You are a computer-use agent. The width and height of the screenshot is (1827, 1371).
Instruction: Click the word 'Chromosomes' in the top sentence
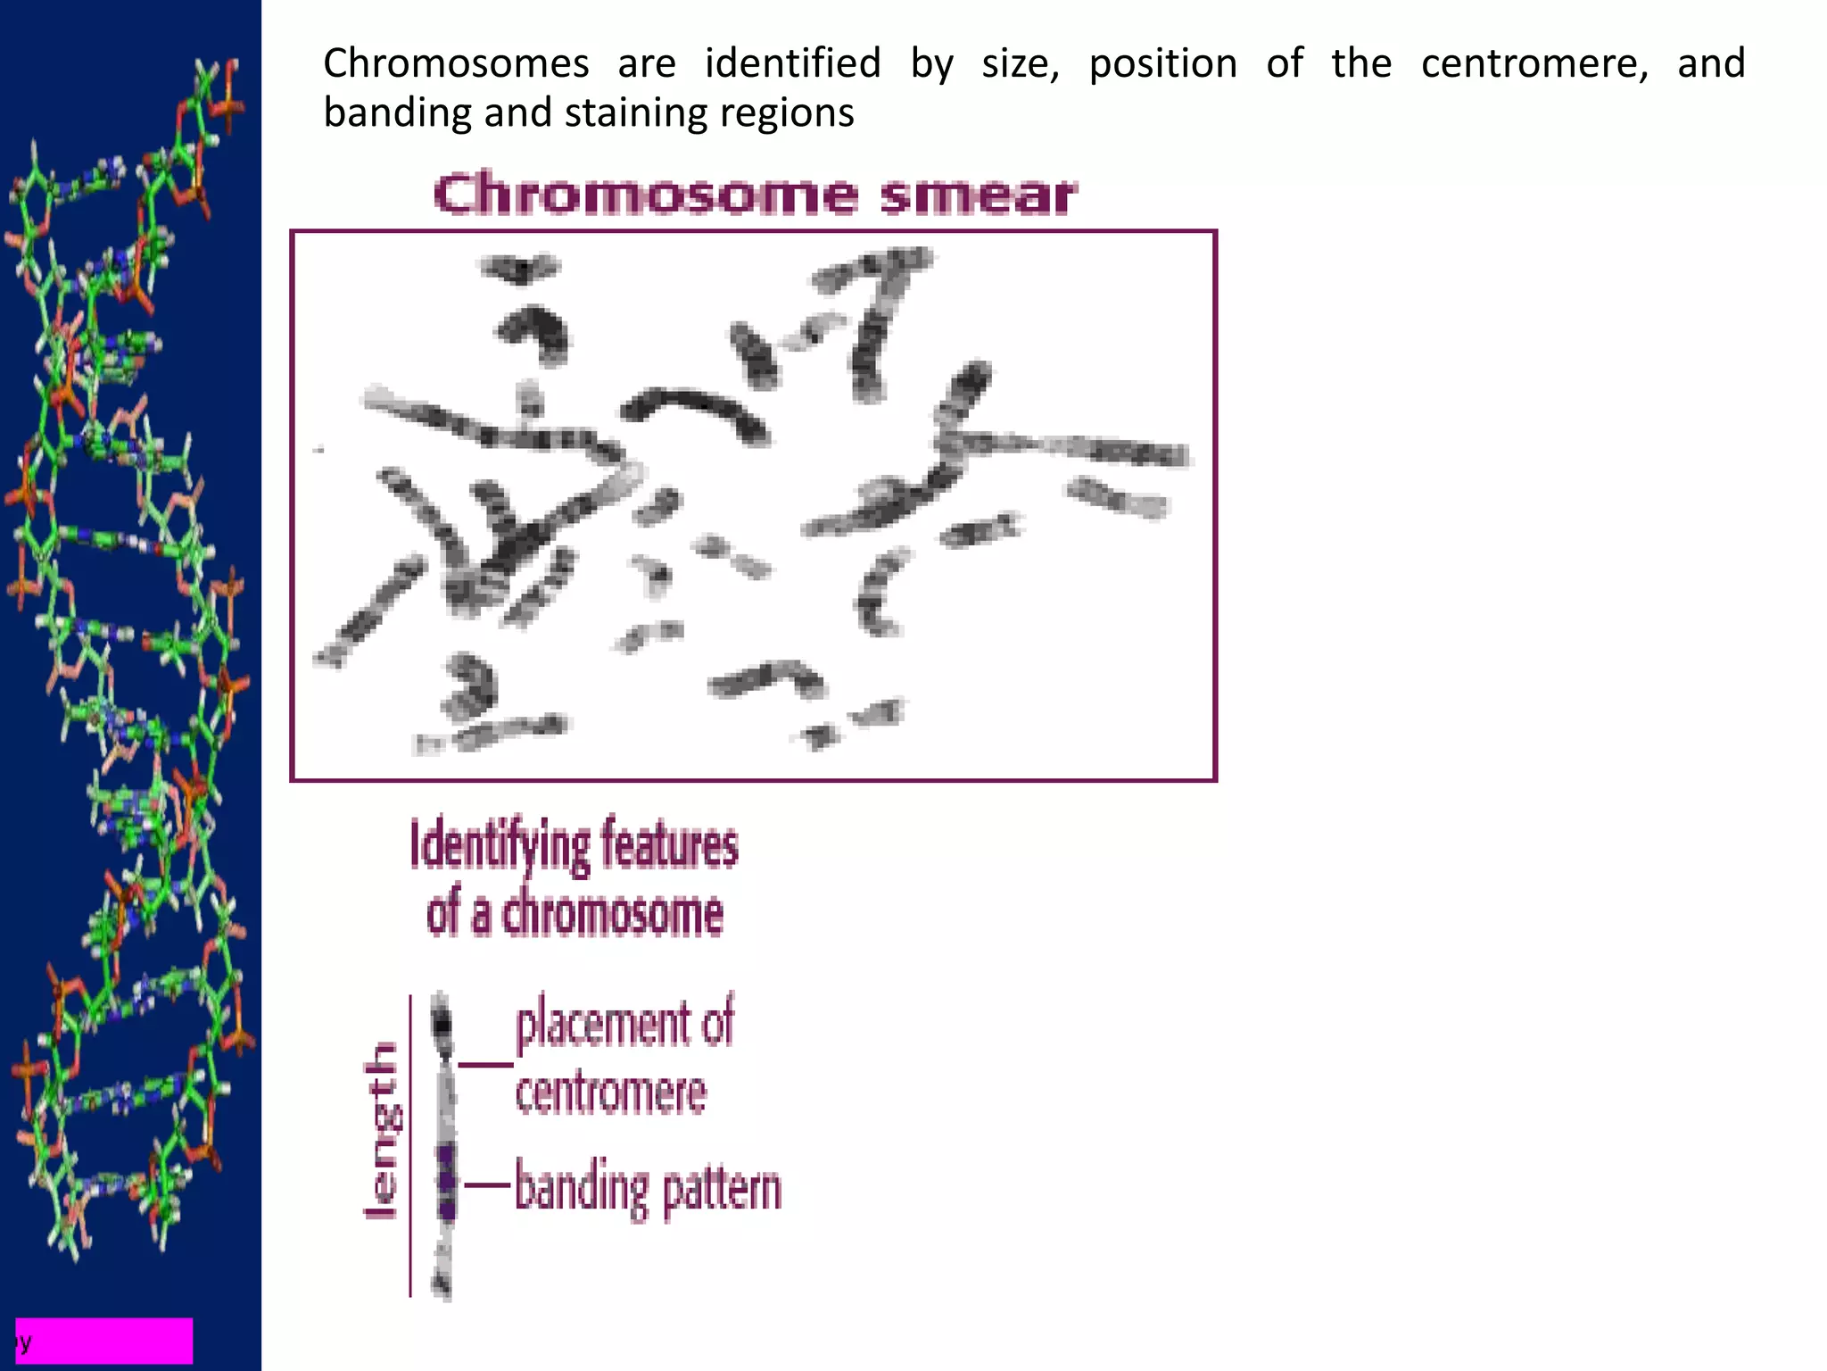tap(456, 64)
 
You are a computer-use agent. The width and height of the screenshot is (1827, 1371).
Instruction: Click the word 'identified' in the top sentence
tap(792, 64)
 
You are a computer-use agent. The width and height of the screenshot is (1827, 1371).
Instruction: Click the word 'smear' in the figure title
tap(978, 195)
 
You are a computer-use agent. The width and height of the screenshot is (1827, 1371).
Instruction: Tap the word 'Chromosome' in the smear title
tap(644, 195)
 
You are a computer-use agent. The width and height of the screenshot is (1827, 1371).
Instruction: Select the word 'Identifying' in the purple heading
tap(500, 846)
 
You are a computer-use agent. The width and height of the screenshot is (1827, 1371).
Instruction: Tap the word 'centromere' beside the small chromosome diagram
tap(611, 1093)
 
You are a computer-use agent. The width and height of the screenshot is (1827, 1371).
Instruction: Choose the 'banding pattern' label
tap(648, 1188)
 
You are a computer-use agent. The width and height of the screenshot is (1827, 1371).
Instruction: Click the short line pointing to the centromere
tap(486, 1065)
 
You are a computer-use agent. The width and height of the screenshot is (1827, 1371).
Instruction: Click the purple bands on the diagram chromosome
tap(445, 1183)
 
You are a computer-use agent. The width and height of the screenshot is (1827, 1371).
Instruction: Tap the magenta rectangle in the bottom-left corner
tap(104, 1341)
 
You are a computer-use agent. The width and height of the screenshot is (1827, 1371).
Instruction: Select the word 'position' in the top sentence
tap(1163, 64)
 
